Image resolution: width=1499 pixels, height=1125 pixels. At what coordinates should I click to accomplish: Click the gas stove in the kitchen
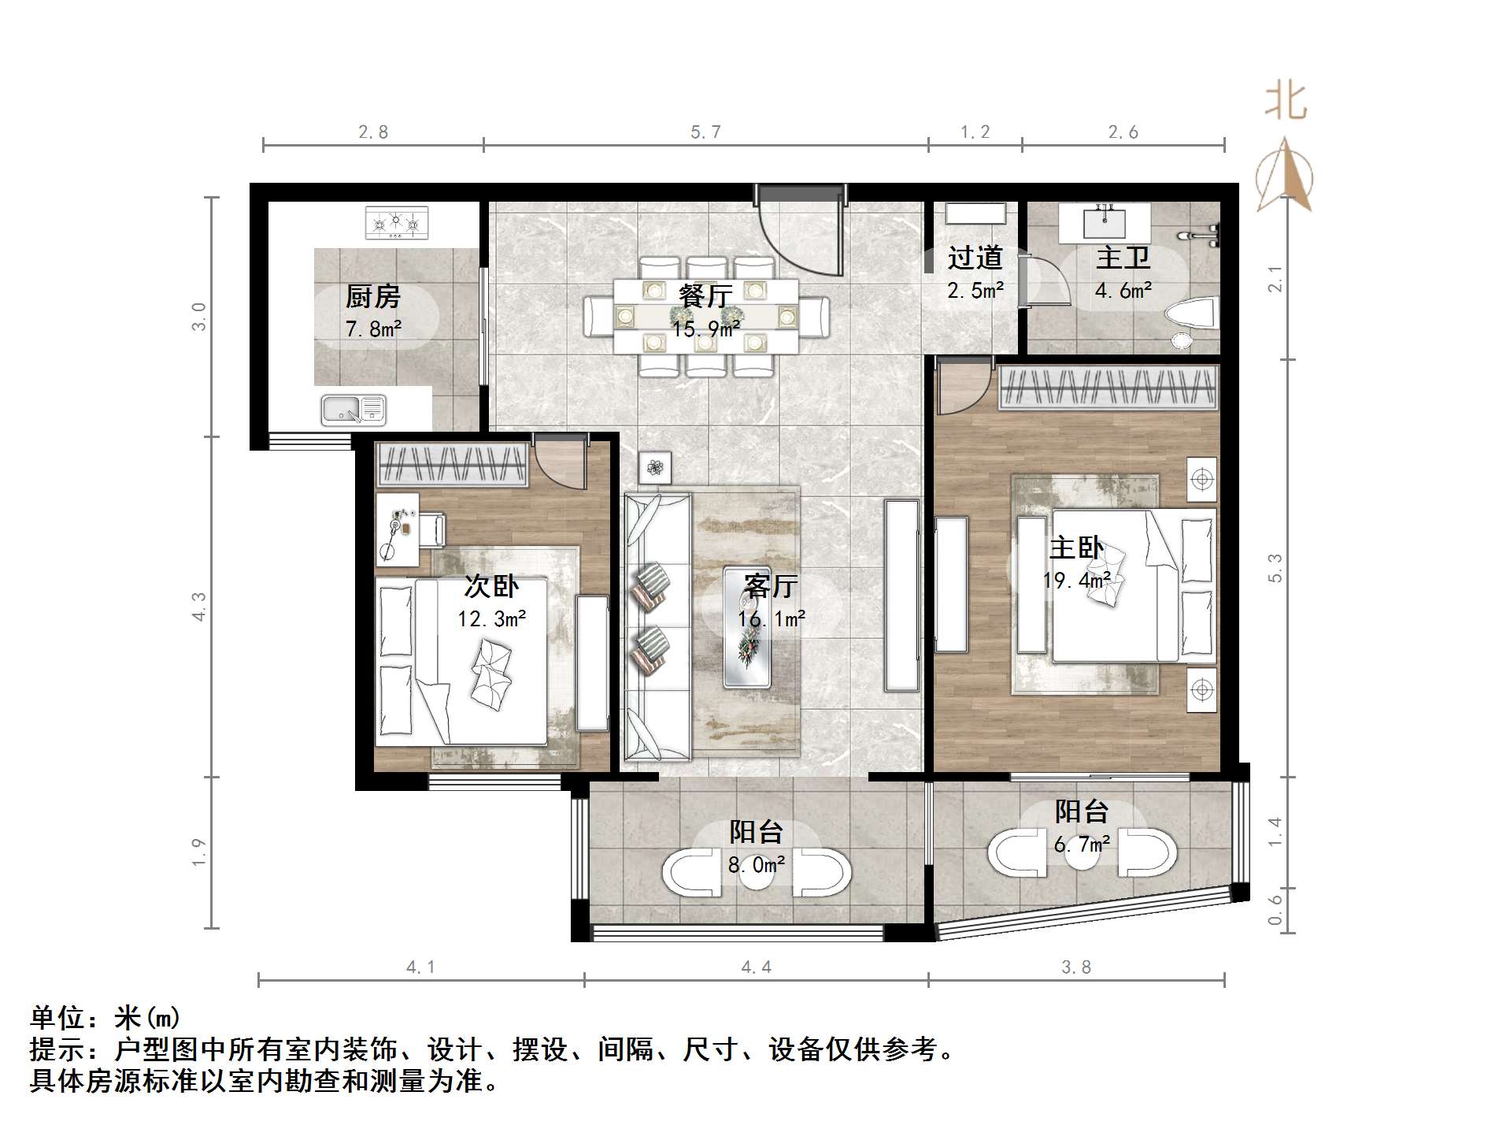(x=397, y=223)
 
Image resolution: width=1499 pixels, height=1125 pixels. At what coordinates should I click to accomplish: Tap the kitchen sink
(x=353, y=410)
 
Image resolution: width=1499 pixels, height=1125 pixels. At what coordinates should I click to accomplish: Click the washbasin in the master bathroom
(x=1104, y=222)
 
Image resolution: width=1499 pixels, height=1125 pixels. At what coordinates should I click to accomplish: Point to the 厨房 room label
(x=372, y=297)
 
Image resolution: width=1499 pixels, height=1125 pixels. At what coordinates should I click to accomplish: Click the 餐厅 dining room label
(x=705, y=296)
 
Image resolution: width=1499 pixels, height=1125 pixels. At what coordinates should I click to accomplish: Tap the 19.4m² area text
(x=1077, y=581)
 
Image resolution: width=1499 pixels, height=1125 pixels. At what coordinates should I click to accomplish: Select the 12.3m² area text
(x=492, y=619)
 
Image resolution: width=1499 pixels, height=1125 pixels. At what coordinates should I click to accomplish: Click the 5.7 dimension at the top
(x=705, y=132)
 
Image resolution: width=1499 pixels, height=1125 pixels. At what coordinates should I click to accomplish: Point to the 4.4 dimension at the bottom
(x=756, y=967)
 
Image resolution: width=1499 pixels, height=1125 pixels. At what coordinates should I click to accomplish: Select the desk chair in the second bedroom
(x=432, y=529)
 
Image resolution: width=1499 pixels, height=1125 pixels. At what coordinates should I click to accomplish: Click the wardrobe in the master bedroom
(x=1109, y=388)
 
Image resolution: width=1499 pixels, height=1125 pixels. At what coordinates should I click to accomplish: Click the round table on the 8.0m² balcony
(x=757, y=873)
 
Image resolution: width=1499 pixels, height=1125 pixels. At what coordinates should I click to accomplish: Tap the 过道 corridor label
(x=975, y=258)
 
